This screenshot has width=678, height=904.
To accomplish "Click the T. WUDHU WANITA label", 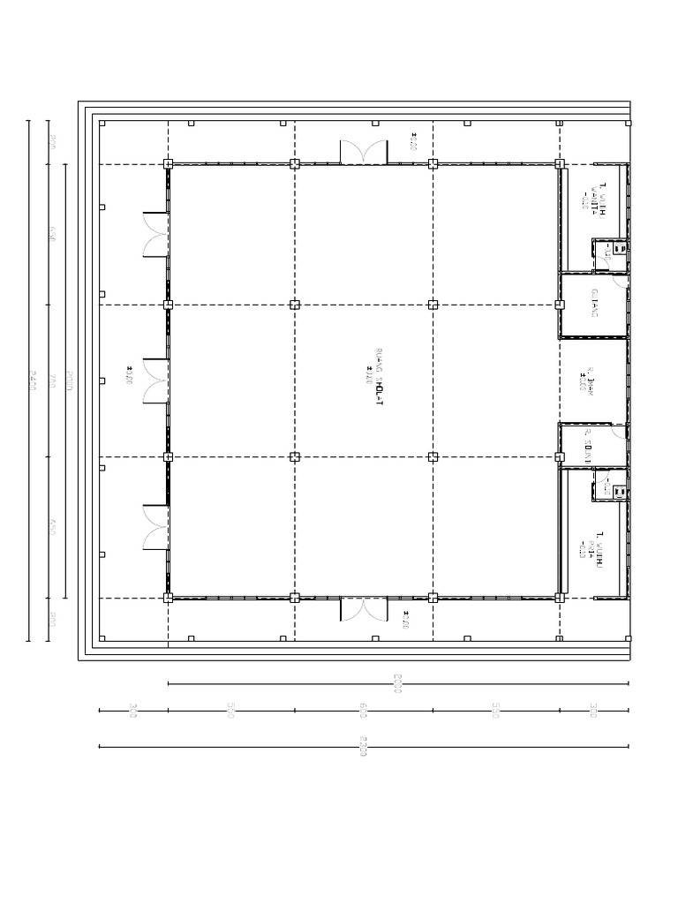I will pyautogui.click(x=599, y=203).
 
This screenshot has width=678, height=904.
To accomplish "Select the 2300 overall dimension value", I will pyautogui.click(x=363, y=747).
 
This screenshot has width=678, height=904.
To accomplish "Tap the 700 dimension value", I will pyautogui.click(x=53, y=381).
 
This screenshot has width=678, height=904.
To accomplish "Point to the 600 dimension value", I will pyautogui.click(x=363, y=710).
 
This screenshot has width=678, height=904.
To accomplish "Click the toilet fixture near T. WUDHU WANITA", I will pyautogui.click(x=619, y=250).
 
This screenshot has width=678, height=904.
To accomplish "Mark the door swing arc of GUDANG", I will pyautogui.click(x=621, y=284).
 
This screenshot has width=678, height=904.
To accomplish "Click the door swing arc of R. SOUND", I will pyautogui.click(x=621, y=433).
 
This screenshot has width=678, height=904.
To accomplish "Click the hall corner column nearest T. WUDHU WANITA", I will pyautogui.click(x=560, y=163).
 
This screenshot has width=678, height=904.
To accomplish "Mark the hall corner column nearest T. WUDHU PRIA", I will pyautogui.click(x=560, y=598).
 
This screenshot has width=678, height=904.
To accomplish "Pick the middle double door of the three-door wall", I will pyautogui.click(x=156, y=380).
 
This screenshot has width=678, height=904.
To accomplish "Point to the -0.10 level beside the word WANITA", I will pyautogui.click(x=584, y=203).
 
